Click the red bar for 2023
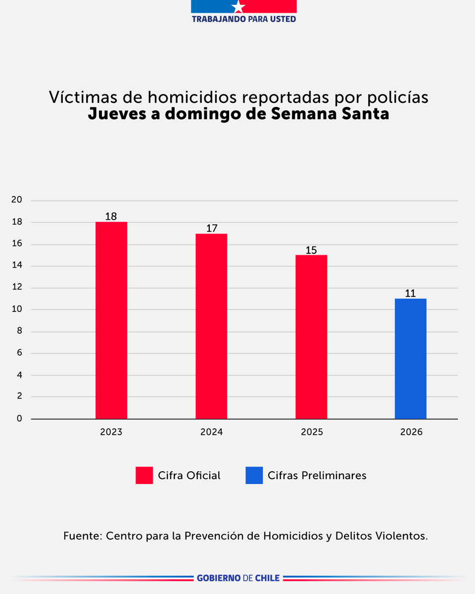tap(111, 320)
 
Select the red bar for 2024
tap(211, 326)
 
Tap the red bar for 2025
tap(311, 337)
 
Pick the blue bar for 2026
tap(411, 358)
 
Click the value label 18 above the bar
tap(111, 217)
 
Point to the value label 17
tap(211, 229)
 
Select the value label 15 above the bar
tap(311, 250)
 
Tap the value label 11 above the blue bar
tap(410, 293)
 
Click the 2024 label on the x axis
tap(211, 432)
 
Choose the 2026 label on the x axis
tap(411, 432)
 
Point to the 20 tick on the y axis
tap(17, 200)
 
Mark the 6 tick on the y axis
tap(20, 353)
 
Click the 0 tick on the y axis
tap(20, 419)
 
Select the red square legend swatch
tap(144, 476)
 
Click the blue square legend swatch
tap(254, 476)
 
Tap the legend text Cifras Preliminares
tap(317, 476)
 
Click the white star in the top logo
tap(239, 6)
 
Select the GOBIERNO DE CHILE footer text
tap(238, 578)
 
